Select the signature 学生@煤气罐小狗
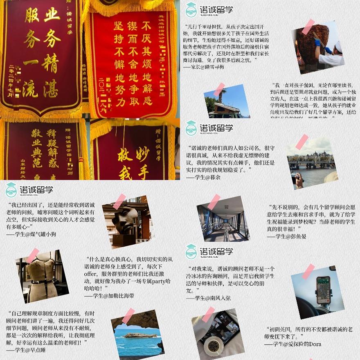click(x=31, y=234)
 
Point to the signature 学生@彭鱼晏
click(x=286, y=236)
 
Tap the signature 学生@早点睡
click(x=26, y=350)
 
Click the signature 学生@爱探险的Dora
click(x=293, y=344)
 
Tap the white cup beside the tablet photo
click(x=213, y=346)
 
